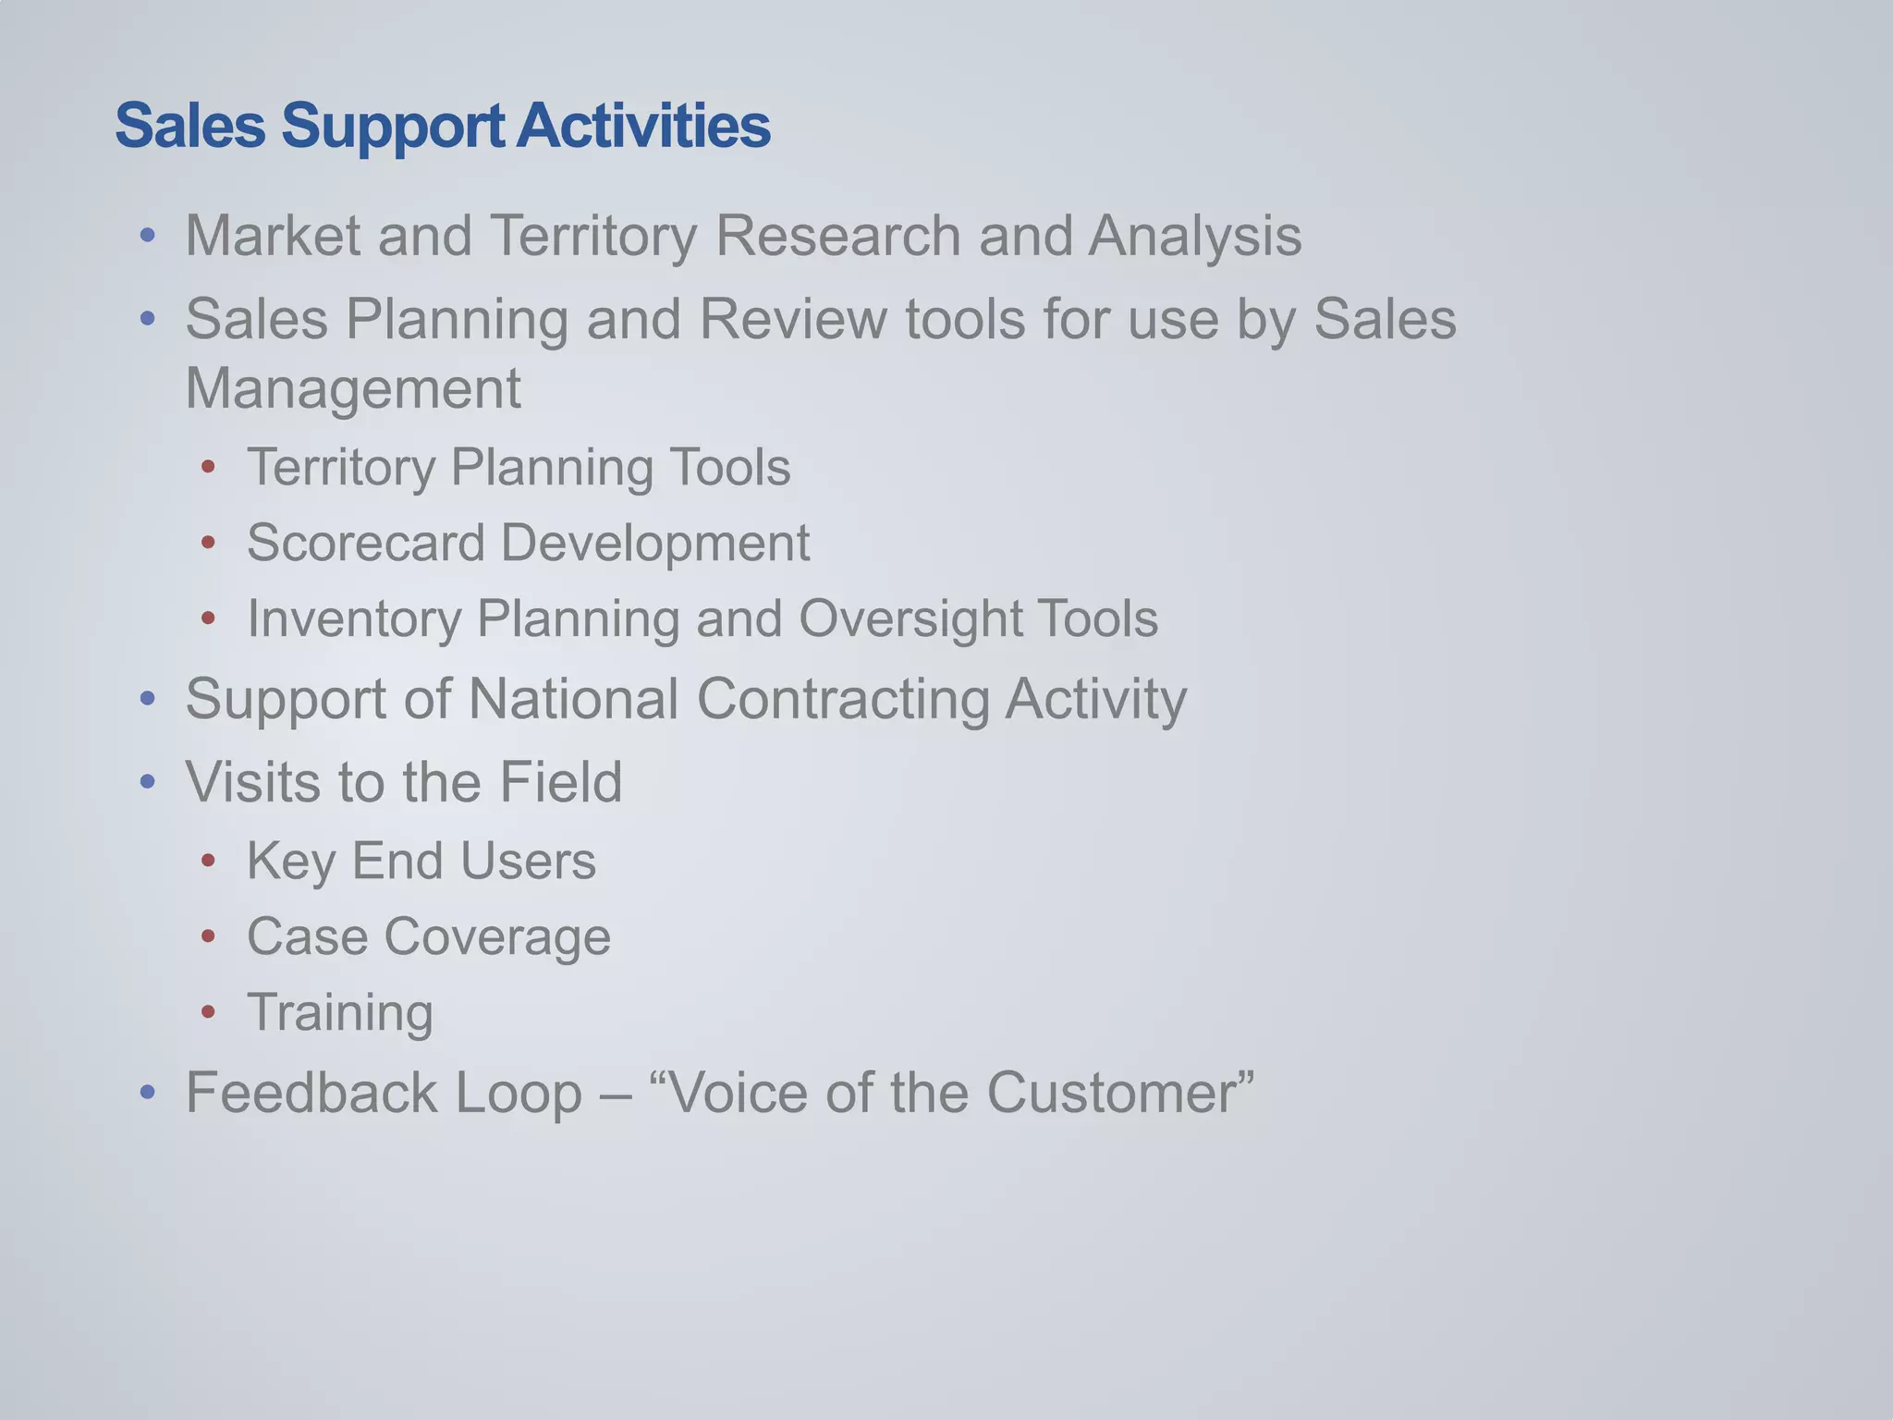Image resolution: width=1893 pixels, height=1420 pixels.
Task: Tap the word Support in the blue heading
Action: (393, 126)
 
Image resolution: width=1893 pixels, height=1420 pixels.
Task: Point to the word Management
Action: (353, 388)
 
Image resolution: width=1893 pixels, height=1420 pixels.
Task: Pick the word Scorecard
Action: (366, 543)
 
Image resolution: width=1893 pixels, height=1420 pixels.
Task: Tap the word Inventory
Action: (354, 618)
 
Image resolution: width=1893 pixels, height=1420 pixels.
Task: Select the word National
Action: (573, 699)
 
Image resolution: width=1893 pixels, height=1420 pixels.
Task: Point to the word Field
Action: (560, 782)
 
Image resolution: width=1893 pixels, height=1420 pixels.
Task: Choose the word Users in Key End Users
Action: (528, 862)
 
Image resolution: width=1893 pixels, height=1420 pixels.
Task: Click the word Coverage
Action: (497, 936)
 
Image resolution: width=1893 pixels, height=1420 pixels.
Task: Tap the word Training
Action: (340, 1012)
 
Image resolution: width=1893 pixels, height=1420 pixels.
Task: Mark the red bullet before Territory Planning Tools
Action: (208, 468)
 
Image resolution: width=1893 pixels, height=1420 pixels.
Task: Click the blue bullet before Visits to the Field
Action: (148, 783)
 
